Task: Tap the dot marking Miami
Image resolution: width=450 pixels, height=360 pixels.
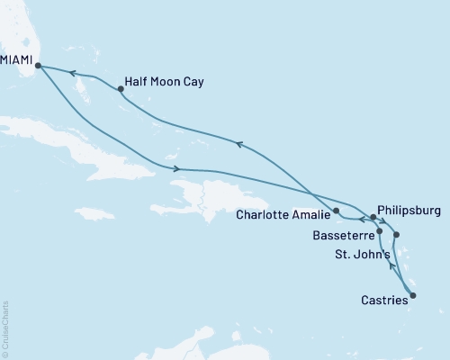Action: (x=38, y=65)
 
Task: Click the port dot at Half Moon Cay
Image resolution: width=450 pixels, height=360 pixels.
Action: (x=121, y=88)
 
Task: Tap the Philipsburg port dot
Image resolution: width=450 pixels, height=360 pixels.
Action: (x=373, y=217)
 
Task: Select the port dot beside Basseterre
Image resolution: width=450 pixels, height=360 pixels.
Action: (x=380, y=231)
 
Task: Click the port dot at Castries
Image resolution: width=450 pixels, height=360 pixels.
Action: (x=413, y=295)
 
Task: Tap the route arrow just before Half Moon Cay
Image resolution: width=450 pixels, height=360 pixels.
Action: (x=71, y=75)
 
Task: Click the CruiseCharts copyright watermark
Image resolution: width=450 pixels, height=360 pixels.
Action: (x=5, y=328)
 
